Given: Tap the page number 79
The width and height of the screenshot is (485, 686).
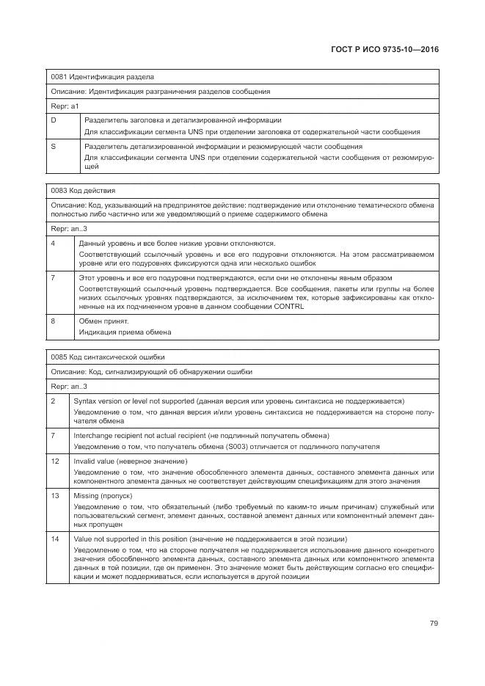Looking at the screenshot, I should [434, 623].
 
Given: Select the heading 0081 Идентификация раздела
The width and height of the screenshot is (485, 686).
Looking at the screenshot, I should [102, 76].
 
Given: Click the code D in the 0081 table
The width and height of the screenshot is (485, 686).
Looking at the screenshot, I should [54, 120].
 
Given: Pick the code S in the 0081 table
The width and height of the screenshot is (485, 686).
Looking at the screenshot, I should [54, 146].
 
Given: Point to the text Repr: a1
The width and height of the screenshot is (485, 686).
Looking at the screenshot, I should [65, 106].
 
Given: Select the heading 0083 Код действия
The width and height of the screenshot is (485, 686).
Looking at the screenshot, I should [84, 190].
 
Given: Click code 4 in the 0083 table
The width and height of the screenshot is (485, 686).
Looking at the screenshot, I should [53, 243].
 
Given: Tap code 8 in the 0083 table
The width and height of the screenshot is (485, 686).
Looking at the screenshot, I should [53, 321].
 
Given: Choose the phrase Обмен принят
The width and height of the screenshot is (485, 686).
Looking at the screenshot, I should [103, 321].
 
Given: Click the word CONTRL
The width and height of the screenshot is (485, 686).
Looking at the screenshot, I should [288, 306].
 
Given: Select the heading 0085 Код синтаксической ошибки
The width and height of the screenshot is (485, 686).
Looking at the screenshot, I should [108, 357].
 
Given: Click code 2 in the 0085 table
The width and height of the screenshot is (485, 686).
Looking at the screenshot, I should [53, 401].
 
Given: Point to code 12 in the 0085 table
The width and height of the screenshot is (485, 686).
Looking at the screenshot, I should [55, 461].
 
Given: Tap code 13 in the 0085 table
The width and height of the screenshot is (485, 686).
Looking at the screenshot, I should [55, 495].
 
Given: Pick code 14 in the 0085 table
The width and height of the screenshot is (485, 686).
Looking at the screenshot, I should [55, 539].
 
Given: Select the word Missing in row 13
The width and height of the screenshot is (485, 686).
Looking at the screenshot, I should [87, 495].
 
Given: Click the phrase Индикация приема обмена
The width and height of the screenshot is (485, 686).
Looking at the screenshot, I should [125, 332].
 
